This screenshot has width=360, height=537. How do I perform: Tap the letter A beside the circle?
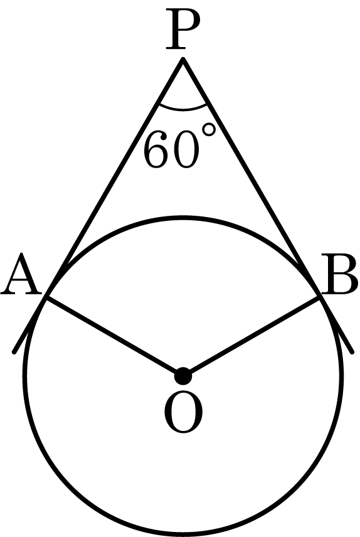[21, 274]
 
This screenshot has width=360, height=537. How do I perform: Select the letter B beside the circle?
[339, 274]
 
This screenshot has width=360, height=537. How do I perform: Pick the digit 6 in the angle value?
[157, 149]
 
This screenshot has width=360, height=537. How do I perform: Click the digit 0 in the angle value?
[186, 149]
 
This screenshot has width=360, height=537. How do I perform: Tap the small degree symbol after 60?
[209, 130]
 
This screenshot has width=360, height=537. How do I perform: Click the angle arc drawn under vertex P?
[183, 109]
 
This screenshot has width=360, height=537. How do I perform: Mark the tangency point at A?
[46, 298]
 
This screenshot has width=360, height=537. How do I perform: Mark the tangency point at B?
[320, 298]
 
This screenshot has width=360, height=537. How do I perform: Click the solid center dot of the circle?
[183, 376]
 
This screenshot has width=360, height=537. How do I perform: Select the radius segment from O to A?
[115, 337]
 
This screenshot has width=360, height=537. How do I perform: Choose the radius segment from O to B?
[251, 337]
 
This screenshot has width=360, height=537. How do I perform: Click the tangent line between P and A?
[115, 179]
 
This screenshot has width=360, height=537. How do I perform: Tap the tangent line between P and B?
[251, 179]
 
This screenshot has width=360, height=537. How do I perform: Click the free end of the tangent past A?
[14, 352]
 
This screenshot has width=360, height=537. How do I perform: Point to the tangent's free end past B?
[351, 351]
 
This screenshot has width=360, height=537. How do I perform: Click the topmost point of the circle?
[183, 218]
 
